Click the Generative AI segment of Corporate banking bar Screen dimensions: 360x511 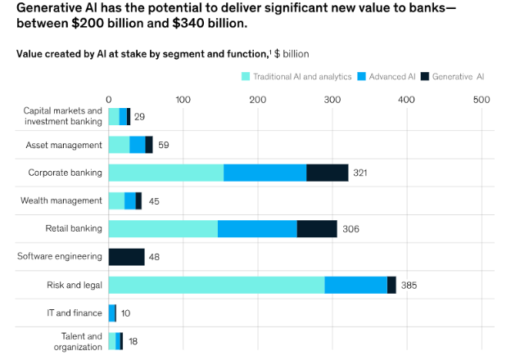(327, 173)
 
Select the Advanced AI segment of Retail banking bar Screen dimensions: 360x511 (257, 228)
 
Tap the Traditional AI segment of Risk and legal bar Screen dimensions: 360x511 (216, 285)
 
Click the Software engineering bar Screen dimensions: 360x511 (126, 257)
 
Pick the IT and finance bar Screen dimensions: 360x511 (112, 313)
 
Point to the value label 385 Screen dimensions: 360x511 (409, 286)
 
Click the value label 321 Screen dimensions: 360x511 (361, 173)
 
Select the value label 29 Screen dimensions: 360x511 (139, 117)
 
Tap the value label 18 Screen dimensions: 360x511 (132, 341)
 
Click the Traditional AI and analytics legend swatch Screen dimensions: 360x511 (246, 76)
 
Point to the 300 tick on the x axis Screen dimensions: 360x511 (332, 100)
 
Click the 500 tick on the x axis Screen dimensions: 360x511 (482, 100)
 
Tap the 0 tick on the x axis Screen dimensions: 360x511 (109, 100)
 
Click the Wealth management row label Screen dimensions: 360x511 (61, 200)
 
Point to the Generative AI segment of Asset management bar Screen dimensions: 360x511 (149, 145)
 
